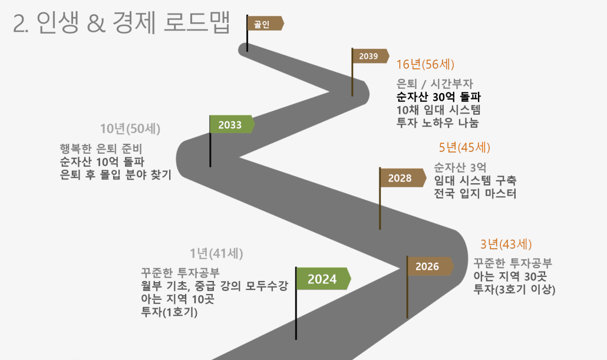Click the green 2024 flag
point(324,278)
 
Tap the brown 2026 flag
point(430,266)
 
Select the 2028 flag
point(403,178)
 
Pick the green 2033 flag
point(232,125)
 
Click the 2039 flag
point(370,56)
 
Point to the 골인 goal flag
point(265,24)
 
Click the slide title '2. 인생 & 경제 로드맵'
point(121,22)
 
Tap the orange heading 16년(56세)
point(425,64)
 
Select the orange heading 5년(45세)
point(464,147)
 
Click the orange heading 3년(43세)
point(506,245)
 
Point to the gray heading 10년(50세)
point(130,128)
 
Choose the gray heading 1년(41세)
point(216,253)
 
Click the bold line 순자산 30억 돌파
point(438,97)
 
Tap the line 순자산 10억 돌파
point(102,161)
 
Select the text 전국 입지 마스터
point(475,193)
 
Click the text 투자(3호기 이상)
point(514,289)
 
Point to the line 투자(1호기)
point(169,312)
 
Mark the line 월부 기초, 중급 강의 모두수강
point(215,286)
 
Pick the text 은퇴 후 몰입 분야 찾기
point(116,174)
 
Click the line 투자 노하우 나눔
point(437,123)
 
